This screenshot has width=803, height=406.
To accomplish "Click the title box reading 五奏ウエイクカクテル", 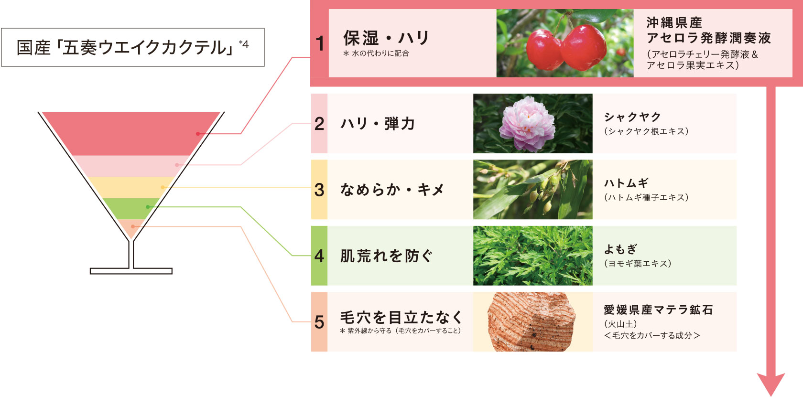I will (132, 47).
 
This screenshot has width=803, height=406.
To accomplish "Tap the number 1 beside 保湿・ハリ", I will (320, 44).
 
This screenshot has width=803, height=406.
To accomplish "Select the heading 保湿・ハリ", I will (386, 38).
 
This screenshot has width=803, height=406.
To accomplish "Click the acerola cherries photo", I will (564, 43).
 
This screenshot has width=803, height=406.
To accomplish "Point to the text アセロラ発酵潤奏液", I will (708, 38).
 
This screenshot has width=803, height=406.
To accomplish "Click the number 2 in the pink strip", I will (319, 124).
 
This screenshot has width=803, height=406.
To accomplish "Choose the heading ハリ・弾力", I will (378, 124).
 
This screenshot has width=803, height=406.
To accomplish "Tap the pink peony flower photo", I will (532, 124).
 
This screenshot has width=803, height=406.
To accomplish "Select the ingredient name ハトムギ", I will (626, 183).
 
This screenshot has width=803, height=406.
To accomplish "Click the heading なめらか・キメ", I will (392, 190).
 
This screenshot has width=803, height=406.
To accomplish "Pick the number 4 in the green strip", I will (319, 256).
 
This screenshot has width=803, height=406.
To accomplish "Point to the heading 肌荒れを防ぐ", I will (386, 256).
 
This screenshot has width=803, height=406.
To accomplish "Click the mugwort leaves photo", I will (532, 256).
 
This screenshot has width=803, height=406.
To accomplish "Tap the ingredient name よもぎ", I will (620, 249).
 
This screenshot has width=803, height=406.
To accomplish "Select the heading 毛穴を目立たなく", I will (401, 317).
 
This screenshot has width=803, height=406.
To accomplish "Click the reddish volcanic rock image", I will (532, 322).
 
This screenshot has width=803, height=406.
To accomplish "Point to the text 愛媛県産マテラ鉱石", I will (658, 310).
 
